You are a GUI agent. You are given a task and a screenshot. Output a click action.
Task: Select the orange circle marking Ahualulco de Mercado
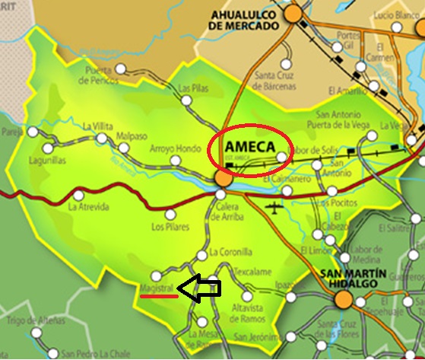pos(293,14)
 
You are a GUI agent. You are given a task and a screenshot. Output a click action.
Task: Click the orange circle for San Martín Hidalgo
pos(344,300)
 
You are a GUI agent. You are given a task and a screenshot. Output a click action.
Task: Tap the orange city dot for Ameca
pos(223,179)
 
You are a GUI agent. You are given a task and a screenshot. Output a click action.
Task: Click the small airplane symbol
pos(274,208)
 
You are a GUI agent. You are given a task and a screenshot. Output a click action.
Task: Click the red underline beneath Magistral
pos(159,297)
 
